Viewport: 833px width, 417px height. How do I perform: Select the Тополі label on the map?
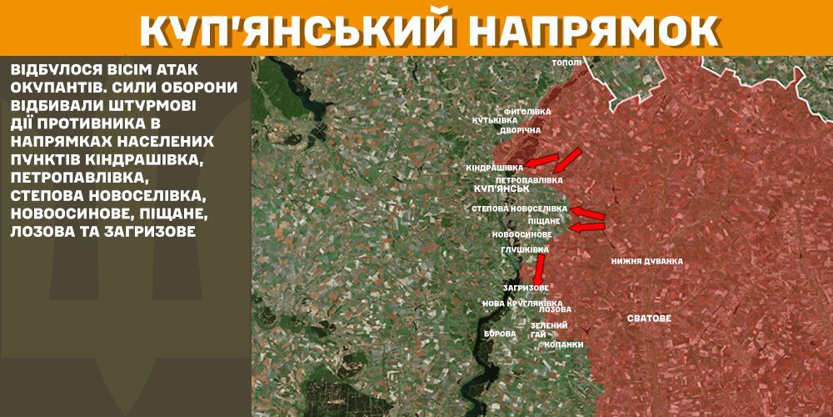coord(567,63)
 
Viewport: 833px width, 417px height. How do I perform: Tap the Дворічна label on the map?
coord(521,131)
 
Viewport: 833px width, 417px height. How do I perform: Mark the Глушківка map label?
coord(525,249)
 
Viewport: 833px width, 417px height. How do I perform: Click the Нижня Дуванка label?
coord(646,261)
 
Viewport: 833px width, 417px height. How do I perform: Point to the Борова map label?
coord(500,334)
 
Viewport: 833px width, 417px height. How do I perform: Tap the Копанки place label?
coord(563,344)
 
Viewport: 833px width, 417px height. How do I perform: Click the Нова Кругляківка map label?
coord(522,303)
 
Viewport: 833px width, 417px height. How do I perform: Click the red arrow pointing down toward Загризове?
coord(539,269)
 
